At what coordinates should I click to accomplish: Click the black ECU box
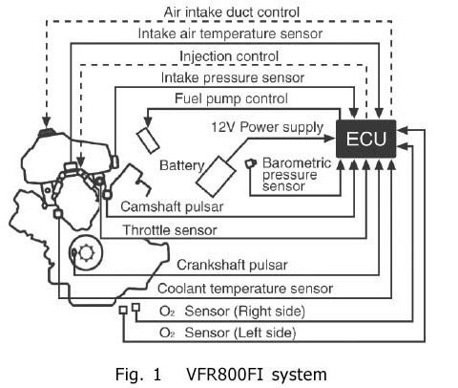[366, 139]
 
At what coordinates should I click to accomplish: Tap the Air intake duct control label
[232, 12]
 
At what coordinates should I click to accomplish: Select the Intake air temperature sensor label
[230, 33]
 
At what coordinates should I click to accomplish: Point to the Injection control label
[229, 56]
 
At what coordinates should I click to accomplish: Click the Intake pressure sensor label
[233, 77]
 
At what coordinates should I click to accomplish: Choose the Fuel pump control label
[231, 98]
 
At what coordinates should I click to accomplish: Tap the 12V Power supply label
[267, 127]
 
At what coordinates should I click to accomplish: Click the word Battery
[181, 165]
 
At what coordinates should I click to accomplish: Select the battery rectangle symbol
[216, 176]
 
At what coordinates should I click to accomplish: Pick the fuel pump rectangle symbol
[148, 140]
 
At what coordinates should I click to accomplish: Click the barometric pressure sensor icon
[250, 163]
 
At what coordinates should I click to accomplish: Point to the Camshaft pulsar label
[172, 206]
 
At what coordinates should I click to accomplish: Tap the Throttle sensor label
[170, 230]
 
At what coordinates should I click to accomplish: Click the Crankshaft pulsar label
[232, 265]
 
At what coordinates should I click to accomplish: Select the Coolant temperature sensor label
[245, 289]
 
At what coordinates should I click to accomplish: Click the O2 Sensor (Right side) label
[232, 312]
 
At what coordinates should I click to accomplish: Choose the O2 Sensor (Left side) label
[228, 333]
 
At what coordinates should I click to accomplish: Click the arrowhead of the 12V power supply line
[329, 139]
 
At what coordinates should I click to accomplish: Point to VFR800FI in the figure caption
[224, 374]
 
